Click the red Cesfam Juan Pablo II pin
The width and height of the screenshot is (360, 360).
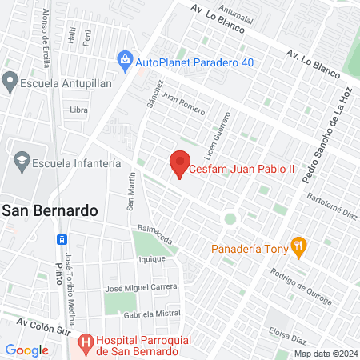180,163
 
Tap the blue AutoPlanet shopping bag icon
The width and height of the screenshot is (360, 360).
125,58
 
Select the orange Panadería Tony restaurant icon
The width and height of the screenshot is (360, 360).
298,247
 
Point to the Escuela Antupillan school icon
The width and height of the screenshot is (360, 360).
10,80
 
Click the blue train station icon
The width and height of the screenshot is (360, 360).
60,238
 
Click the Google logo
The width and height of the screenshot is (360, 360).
26,350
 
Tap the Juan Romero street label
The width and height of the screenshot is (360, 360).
182,102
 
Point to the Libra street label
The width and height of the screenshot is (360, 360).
78,109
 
